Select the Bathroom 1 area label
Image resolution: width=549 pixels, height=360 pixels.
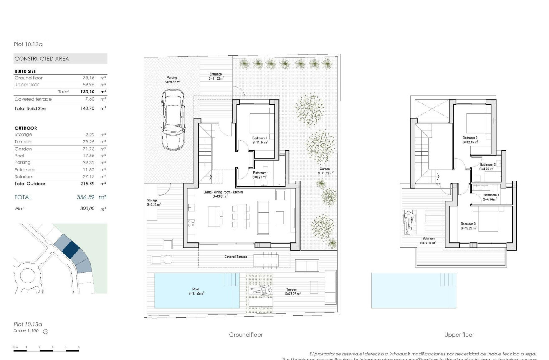click(261, 175)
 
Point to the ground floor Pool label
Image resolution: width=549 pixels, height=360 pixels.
click(196, 291)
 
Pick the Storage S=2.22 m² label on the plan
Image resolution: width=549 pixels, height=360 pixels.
click(153, 203)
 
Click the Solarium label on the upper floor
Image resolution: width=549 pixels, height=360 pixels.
click(429, 240)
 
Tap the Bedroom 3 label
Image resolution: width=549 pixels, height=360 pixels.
click(468, 226)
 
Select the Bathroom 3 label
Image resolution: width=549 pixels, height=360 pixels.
click(491, 197)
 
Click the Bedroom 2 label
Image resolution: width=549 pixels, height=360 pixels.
click(470, 140)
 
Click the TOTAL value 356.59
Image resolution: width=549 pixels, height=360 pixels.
click(88, 197)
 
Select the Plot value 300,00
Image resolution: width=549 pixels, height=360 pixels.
click(88, 208)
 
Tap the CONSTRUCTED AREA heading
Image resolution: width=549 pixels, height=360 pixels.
click(42, 59)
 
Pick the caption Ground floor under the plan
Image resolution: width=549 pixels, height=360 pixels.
click(245, 335)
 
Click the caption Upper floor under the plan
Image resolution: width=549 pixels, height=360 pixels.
click(459, 335)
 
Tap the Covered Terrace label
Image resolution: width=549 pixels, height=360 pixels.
click(236, 257)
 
